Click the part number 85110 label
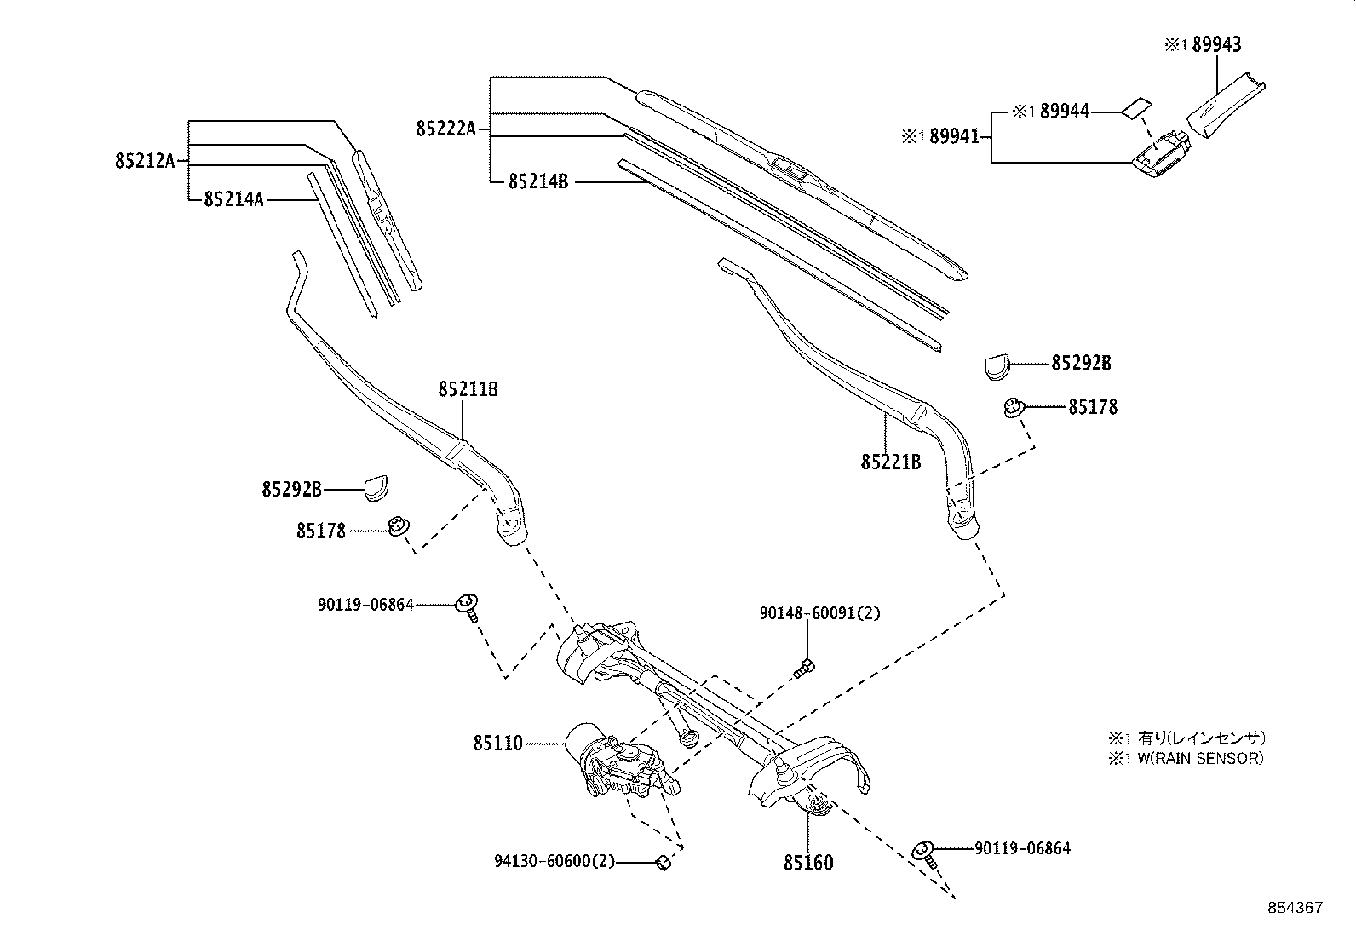click(x=497, y=744)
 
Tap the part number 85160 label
click(x=808, y=863)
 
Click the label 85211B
click(x=468, y=390)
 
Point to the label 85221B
click(x=890, y=462)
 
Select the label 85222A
click(x=445, y=129)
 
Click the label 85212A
click(x=144, y=160)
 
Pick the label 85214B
click(x=537, y=181)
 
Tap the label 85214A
click(x=233, y=199)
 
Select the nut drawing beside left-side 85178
click(x=397, y=527)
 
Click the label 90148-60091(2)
click(x=819, y=613)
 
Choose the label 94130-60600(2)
click(x=554, y=862)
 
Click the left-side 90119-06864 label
click(x=365, y=605)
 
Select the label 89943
click(x=1215, y=45)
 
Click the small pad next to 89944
click(x=1135, y=106)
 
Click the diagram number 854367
click(x=1294, y=908)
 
